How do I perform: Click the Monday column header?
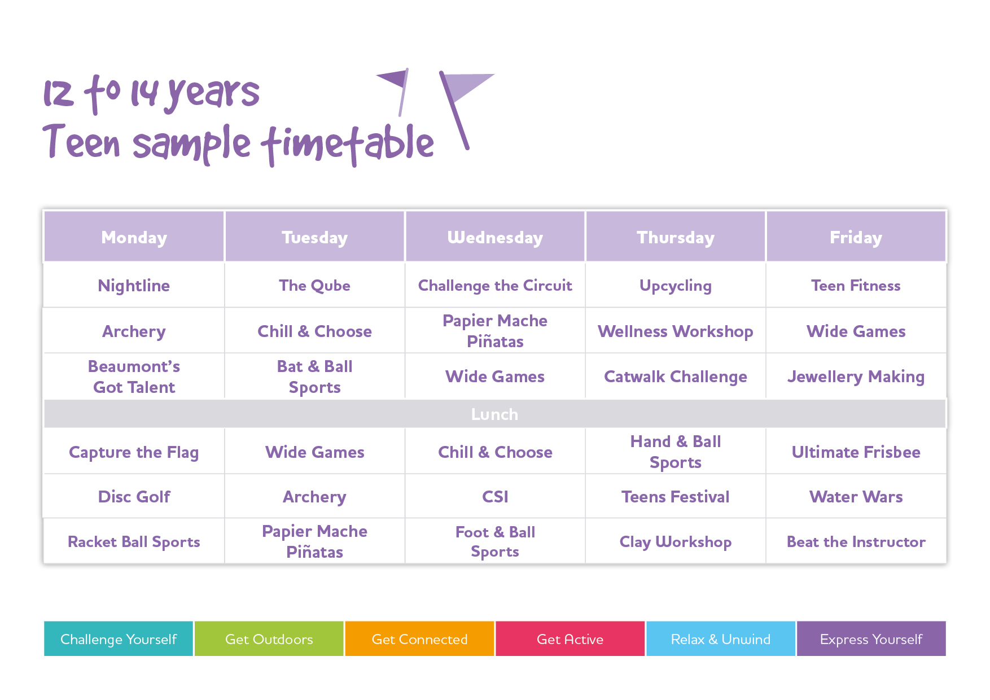coord(134,237)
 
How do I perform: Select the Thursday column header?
coord(676,237)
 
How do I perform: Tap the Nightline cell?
coord(134,286)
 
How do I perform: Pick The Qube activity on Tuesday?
coord(314,286)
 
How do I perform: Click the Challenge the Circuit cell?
coord(495,286)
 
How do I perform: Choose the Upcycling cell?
coord(676,286)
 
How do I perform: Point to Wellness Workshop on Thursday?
coord(676,331)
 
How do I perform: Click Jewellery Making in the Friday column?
coord(856,377)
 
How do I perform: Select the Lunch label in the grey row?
coord(494,414)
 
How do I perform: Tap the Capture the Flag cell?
coord(134,452)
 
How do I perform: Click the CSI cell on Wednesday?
coord(495,497)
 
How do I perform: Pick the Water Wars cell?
coord(856,497)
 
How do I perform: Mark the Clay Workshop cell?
coord(676,542)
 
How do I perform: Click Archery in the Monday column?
coord(134,331)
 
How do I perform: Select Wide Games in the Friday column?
coord(856,331)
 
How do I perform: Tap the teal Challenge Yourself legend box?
coord(119,638)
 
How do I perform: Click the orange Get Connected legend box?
coord(419,638)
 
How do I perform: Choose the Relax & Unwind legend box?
coord(721,638)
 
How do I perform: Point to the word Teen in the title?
coord(81,141)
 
